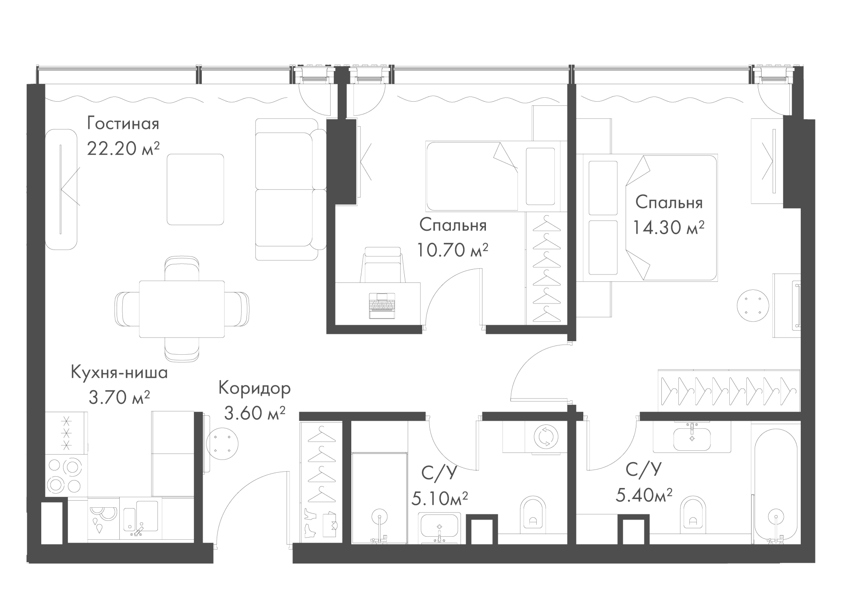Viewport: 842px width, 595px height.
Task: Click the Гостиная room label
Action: pyautogui.click(x=123, y=124)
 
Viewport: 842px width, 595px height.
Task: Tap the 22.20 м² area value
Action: pyautogui.click(x=123, y=149)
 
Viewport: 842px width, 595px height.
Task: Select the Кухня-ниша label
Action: pyautogui.click(x=119, y=373)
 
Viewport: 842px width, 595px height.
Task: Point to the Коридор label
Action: pyautogui.click(x=254, y=388)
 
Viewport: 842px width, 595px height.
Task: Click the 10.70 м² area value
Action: pyautogui.click(x=453, y=250)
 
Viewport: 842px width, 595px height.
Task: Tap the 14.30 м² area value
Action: pyautogui.click(x=669, y=228)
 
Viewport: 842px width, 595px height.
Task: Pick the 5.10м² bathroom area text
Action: pyautogui.click(x=439, y=499)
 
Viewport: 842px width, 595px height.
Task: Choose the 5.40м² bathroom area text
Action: pyautogui.click(x=644, y=495)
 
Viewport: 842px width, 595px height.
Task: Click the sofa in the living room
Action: pyautogui.click(x=290, y=189)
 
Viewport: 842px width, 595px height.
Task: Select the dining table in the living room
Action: pyautogui.click(x=182, y=309)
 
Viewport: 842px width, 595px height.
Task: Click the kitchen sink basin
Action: pyautogui.click(x=146, y=516)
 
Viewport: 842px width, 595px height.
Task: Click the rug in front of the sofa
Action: pyautogui.click(x=195, y=189)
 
